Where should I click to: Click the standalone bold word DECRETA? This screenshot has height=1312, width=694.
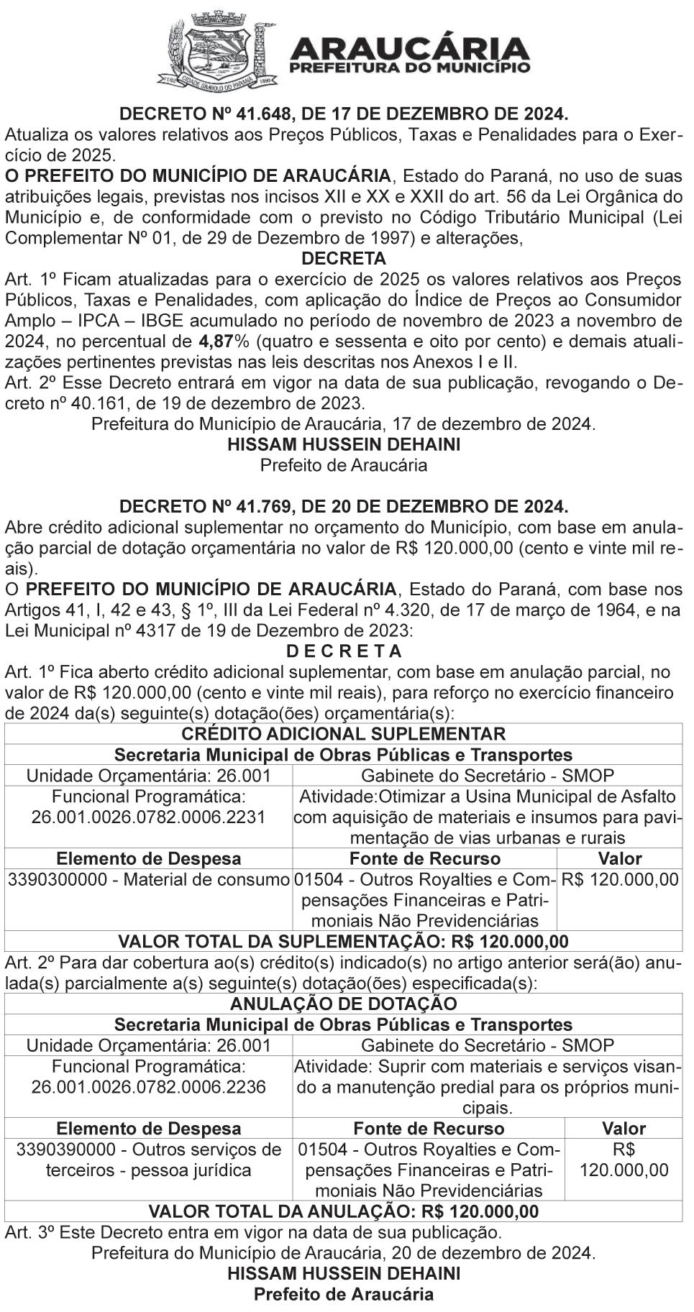pos(344,258)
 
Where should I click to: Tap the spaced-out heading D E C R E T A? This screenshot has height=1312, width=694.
pos(344,651)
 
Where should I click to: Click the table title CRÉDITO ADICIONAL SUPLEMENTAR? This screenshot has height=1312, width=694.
pos(344,734)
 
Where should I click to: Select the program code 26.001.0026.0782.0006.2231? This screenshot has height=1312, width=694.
pos(149,817)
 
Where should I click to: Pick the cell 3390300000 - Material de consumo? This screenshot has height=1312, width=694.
pos(149,879)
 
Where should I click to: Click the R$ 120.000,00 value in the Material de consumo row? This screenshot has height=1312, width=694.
pos(619,879)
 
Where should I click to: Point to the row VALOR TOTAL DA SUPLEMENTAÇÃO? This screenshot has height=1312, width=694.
pos(344,942)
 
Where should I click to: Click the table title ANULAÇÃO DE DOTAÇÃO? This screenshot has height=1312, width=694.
pos(344,1004)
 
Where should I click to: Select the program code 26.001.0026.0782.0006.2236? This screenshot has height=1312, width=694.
pos(149,1087)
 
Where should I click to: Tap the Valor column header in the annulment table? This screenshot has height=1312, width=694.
pos(624,1128)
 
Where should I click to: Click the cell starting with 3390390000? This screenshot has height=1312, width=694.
pos(149,1159)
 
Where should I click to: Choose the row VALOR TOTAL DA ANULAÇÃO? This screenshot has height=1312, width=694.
pos(344,1211)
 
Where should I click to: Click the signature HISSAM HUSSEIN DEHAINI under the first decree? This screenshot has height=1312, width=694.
pos(344,444)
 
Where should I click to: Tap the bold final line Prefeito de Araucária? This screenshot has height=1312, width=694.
pos(344,1294)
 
